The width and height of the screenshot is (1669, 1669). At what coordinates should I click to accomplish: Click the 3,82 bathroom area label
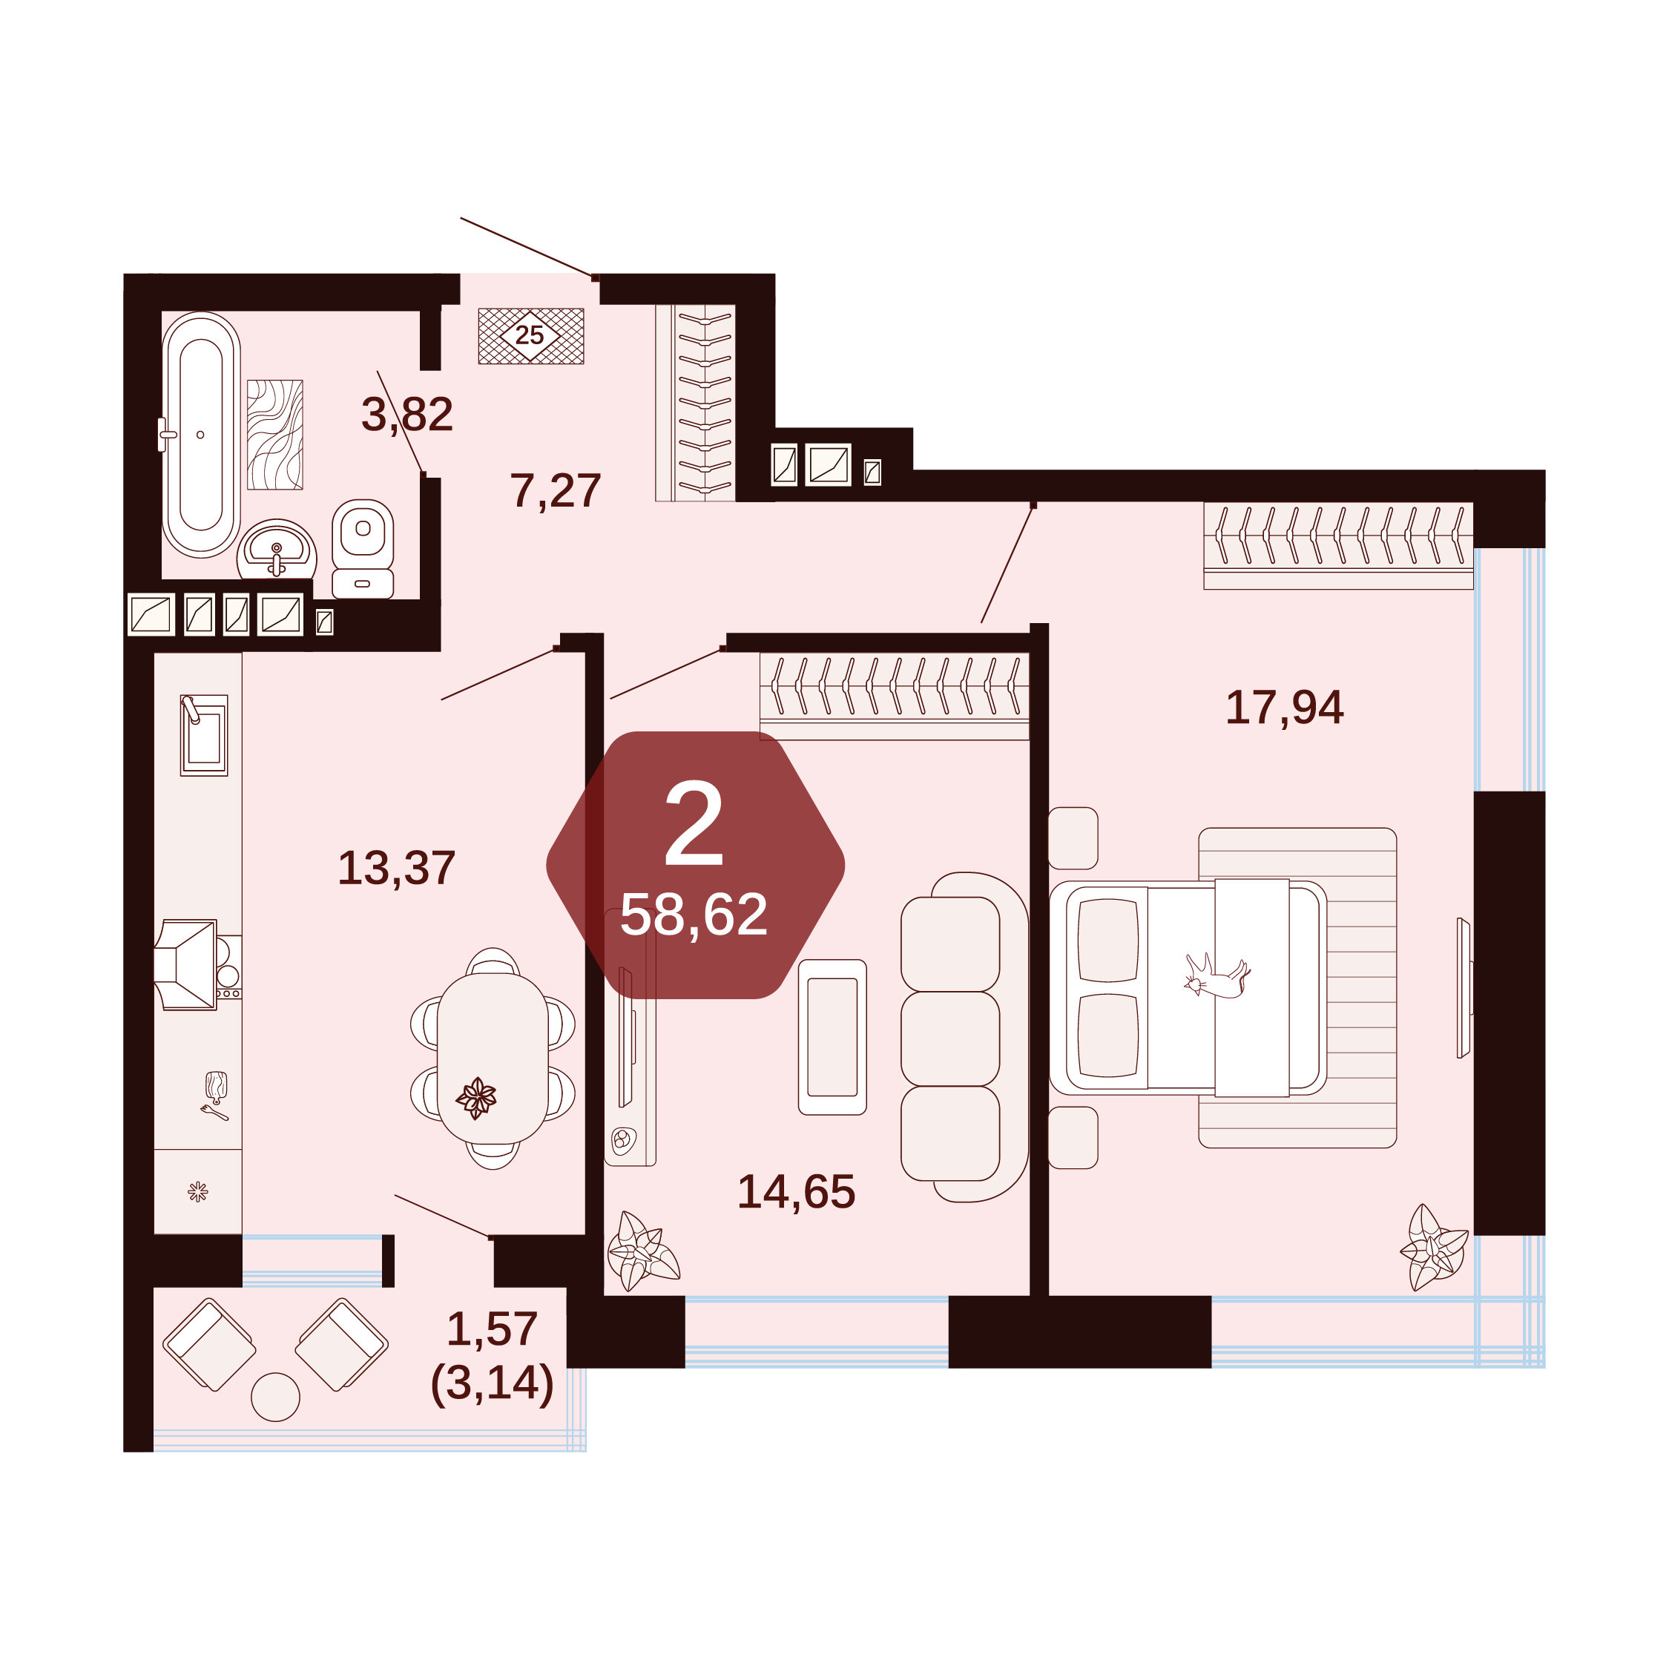click(407, 415)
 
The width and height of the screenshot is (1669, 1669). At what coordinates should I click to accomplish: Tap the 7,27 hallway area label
click(556, 490)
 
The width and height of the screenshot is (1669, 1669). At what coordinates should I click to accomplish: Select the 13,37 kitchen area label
click(397, 867)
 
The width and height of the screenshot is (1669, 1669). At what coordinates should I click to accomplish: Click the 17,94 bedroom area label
click(1285, 707)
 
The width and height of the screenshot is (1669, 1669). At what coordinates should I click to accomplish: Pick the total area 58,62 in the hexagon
click(694, 914)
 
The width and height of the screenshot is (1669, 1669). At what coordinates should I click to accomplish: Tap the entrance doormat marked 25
click(531, 336)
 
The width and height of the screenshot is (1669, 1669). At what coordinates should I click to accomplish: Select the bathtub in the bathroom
click(201, 435)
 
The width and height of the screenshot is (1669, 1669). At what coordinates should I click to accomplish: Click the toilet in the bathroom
click(363, 549)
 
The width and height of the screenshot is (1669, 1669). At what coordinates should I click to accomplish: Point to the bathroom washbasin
click(277, 550)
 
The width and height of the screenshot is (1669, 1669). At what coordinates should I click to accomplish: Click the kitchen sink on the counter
click(204, 735)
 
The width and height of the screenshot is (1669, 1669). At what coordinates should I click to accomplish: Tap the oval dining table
click(493, 1059)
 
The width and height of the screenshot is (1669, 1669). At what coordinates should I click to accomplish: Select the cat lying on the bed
click(1217, 977)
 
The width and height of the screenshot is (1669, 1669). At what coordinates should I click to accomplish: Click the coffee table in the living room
click(832, 1037)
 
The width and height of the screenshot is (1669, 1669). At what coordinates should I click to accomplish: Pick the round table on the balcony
click(276, 1397)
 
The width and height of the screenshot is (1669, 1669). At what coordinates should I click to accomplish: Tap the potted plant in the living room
click(642, 1251)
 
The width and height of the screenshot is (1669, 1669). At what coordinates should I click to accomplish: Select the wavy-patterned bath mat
click(274, 435)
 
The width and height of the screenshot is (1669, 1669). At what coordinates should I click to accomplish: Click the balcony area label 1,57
click(493, 1329)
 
